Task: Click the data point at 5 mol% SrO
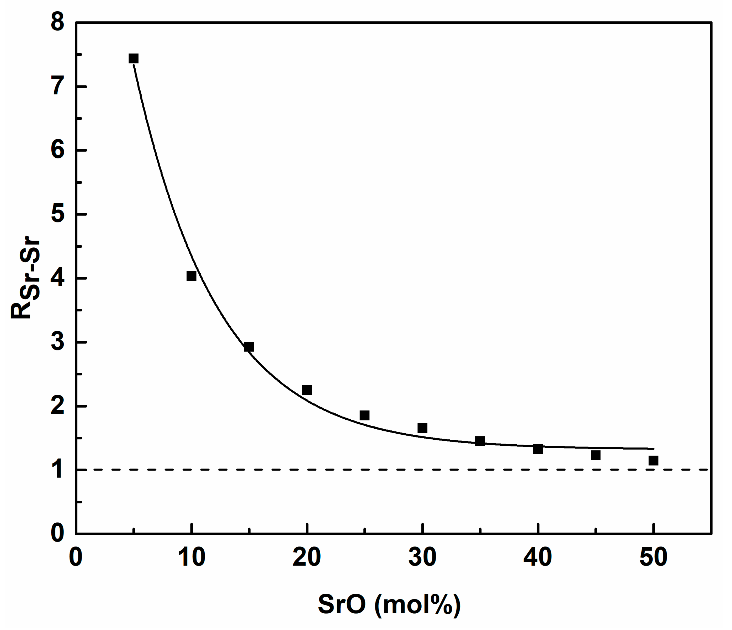(134, 58)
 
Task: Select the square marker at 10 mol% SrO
(191, 276)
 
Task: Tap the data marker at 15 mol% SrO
(249, 347)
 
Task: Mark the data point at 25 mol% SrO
(364, 416)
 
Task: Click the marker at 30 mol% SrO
(422, 428)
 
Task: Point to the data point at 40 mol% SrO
(538, 450)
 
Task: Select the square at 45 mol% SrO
(596, 455)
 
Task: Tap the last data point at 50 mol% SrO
(654, 460)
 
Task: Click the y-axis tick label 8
(58, 23)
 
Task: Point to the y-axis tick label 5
(58, 214)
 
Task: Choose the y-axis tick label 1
(58, 470)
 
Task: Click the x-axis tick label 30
(422, 557)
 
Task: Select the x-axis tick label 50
(654, 557)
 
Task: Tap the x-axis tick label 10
(191, 557)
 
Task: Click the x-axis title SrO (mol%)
(389, 604)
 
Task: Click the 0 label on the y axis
(58, 533)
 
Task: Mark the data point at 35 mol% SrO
(480, 441)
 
